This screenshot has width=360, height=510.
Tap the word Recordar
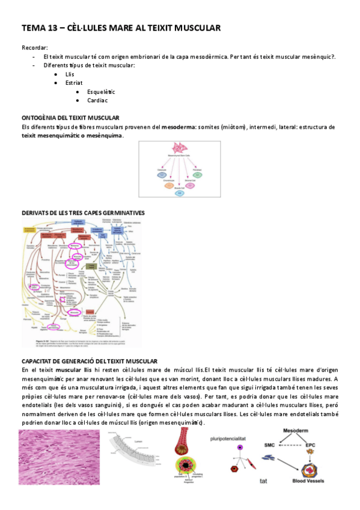click(34, 48)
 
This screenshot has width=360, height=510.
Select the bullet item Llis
click(70, 74)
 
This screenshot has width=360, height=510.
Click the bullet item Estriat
click(74, 82)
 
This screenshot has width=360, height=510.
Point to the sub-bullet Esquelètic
click(100, 91)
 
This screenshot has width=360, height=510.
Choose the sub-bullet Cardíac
click(97, 100)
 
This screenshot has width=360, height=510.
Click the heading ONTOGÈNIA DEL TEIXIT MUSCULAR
click(70, 118)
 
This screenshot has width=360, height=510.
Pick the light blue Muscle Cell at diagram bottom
click(179, 192)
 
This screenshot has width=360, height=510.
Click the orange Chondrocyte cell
click(169, 185)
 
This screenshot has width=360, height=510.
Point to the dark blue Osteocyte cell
click(161, 174)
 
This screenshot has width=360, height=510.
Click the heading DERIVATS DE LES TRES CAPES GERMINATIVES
click(82, 213)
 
